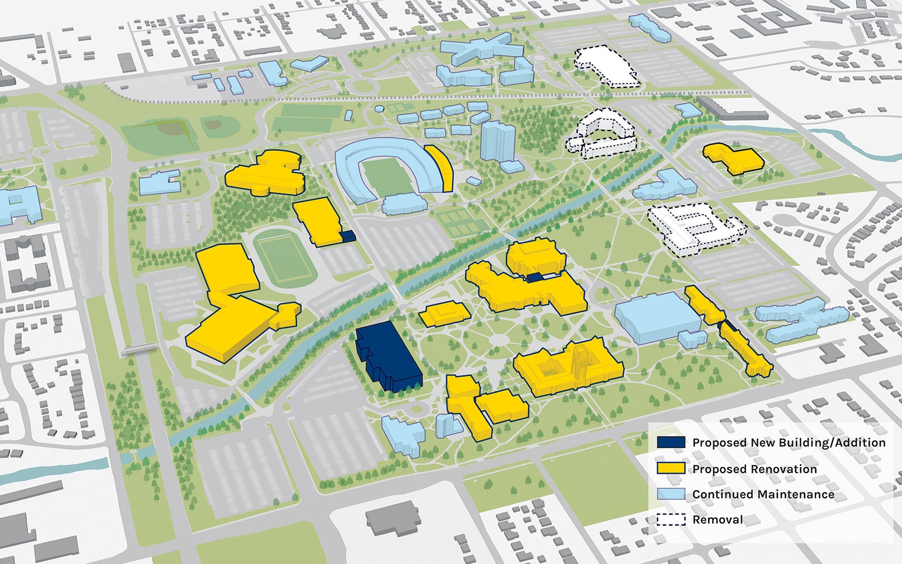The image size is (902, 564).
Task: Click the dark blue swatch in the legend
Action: click(670, 442)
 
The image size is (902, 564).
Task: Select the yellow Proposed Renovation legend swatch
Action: click(670, 468)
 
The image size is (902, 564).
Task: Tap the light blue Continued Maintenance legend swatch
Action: click(670, 494)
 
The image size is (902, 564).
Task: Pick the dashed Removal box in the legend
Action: click(670, 519)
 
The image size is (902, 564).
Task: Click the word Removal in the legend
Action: click(717, 519)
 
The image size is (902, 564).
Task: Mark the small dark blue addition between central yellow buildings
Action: click(535, 277)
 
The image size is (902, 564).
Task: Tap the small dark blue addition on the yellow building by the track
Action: click(347, 236)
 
